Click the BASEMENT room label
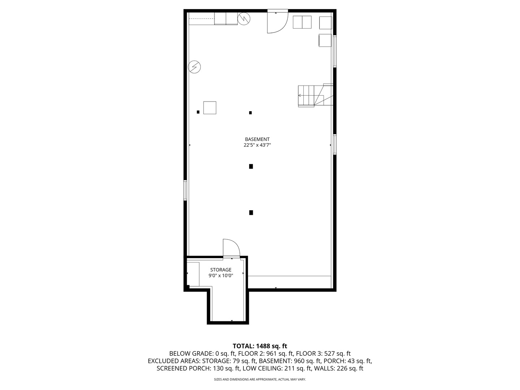pyautogui.click(x=257, y=139)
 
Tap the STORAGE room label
pyautogui.click(x=221, y=270)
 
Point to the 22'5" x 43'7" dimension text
pyautogui.click(x=257, y=145)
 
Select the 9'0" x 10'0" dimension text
pyautogui.click(x=221, y=276)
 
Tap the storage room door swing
pyautogui.click(x=231, y=248)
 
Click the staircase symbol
pyautogui.click(x=315, y=96)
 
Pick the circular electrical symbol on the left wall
pyautogui.click(x=195, y=67)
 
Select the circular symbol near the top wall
pyautogui.click(x=244, y=18)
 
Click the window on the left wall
pyautogui.click(x=185, y=190)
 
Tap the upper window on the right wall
pyautogui.click(x=335, y=51)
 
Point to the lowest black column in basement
pyautogui.click(x=251, y=213)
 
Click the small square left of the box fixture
pyautogui.click(x=198, y=112)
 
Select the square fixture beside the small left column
pyautogui.click(x=210, y=108)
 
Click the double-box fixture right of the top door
pyautogui.click(x=302, y=22)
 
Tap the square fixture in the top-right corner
pyautogui.click(x=325, y=23)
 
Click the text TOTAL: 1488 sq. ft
pyautogui.click(x=260, y=346)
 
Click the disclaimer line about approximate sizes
pyautogui.click(x=260, y=380)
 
